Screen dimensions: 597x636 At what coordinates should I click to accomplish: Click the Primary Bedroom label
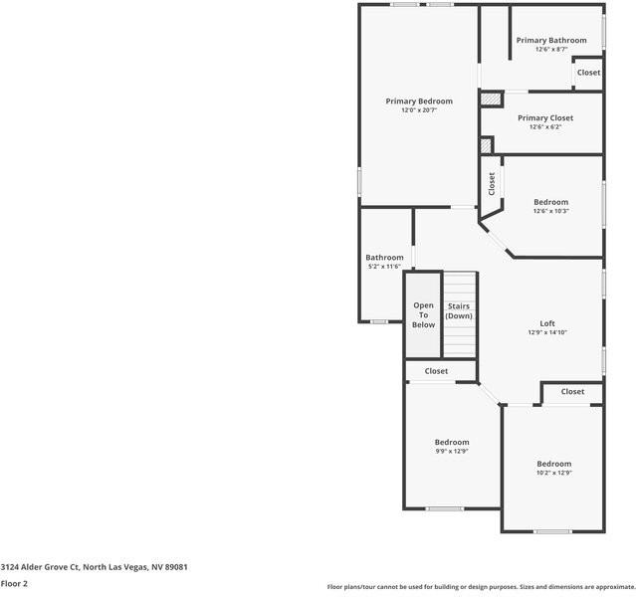tap(419, 101)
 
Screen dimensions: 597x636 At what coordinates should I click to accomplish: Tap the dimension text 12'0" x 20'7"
tap(419, 110)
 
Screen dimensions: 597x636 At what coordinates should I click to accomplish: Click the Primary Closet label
tap(545, 117)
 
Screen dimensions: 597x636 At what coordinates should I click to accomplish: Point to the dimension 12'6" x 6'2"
tap(545, 126)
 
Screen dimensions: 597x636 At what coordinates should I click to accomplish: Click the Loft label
tap(547, 323)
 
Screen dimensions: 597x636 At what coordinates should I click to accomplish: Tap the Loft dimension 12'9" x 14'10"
tap(547, 332)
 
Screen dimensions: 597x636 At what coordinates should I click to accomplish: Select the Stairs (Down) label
tap(459, 310)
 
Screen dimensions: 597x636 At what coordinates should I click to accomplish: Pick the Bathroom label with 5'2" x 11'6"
tap(384, 257)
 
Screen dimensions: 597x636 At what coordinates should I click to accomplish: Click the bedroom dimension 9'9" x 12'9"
tap(451, 451)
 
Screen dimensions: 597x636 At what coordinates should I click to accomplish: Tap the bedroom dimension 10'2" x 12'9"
tap(554, 473)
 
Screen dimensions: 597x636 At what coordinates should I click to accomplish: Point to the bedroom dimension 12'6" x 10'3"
tap(550, 211)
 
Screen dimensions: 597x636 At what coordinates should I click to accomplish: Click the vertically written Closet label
tap(492, 183)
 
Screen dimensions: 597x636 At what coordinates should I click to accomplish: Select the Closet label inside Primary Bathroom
tap(588, 73)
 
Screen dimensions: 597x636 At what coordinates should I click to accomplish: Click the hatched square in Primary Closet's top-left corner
tap(490, 99)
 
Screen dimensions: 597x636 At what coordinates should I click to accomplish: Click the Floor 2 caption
tap(14, 583)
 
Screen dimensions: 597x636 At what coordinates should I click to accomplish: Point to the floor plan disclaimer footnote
tap(481, 587)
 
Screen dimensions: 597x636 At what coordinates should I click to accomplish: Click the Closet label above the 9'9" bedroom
tap(436, 371)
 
